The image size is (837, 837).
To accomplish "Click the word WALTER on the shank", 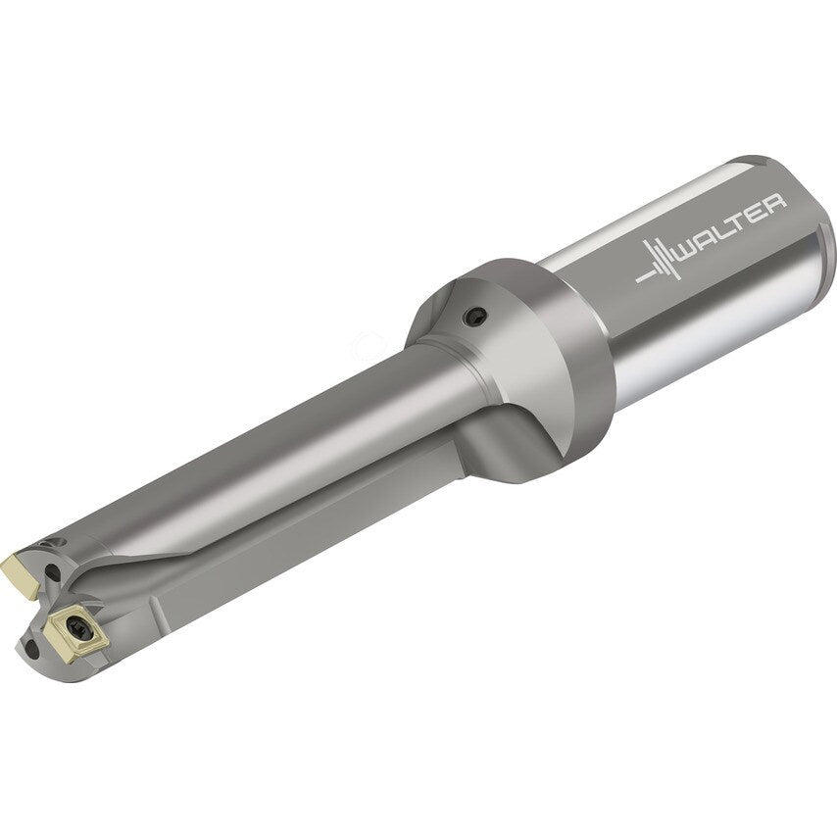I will (731, 234).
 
